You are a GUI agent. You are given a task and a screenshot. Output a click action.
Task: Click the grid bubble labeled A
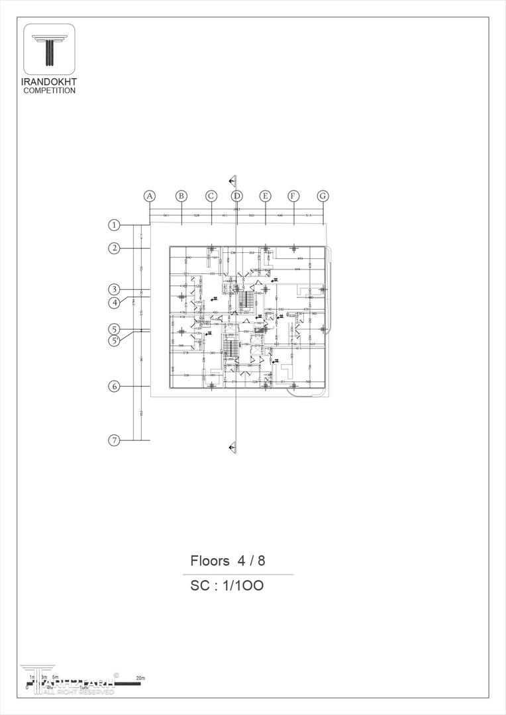150,196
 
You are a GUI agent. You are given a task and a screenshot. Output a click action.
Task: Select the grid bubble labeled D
237,196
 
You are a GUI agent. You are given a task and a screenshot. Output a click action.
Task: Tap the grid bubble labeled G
323,196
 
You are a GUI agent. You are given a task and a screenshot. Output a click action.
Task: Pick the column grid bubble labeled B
181,196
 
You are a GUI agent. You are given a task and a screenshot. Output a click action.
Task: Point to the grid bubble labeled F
293,196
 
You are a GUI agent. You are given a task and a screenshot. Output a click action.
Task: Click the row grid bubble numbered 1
114,225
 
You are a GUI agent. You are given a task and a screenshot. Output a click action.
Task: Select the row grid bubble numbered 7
114,440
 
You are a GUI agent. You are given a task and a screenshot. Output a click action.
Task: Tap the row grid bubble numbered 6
114,387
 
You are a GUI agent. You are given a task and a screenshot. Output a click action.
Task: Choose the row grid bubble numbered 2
114,248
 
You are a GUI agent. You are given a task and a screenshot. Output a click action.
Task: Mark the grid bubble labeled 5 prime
114,341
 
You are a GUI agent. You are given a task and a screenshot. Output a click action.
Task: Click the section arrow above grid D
232,180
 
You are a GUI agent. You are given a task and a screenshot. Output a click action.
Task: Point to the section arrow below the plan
232,448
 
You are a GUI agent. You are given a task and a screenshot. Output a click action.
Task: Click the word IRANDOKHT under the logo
50,82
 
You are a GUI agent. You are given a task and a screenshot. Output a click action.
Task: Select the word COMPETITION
50,91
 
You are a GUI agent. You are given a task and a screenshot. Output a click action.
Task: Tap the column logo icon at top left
50,50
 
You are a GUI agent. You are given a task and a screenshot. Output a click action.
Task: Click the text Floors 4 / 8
228,561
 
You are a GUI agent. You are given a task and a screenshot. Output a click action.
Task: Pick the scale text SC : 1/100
227,586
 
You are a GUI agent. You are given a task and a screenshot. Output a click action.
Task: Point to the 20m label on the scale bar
140,679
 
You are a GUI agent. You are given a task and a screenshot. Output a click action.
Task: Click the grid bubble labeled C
211,196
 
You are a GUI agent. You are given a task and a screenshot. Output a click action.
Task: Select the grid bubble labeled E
265,196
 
